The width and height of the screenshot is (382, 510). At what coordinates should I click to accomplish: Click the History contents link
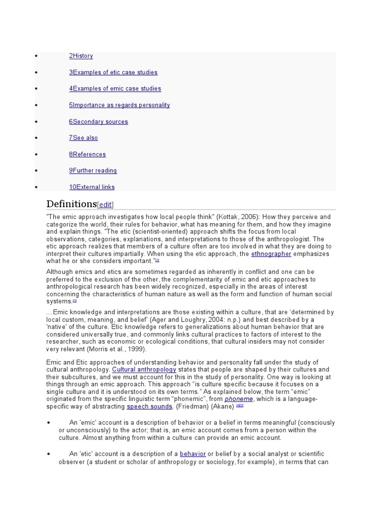pos(81,56)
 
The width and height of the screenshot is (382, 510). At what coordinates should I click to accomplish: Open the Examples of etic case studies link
pos(113,72)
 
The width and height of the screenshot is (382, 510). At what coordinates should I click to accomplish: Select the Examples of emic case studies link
pos(115,89)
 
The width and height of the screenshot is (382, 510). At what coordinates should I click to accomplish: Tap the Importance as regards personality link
pos(119,105)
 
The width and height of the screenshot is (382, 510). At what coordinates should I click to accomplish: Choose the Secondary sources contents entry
pos(98,122)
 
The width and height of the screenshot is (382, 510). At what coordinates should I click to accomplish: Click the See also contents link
pos(84,138)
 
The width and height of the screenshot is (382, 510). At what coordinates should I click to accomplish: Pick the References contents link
pos(88,154)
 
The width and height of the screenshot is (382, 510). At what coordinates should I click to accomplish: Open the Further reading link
pos(93,171)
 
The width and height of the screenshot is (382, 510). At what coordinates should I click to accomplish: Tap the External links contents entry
pos(92,187)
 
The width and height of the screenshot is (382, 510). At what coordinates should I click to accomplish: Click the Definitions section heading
pos(71,204)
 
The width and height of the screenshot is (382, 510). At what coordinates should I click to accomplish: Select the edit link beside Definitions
pos(105,205)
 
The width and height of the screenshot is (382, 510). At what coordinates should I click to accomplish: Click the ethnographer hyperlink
pos(271,254)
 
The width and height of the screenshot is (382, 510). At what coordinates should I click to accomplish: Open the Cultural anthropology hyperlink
pos(144,370)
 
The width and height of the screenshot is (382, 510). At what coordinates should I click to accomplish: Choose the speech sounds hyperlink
pos(150,406)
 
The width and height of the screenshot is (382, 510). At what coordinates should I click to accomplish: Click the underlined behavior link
pos(192,454)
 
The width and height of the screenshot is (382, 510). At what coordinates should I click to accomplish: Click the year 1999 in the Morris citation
pos(136,349)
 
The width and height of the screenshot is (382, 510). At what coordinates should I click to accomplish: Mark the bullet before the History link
pos(36,56)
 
